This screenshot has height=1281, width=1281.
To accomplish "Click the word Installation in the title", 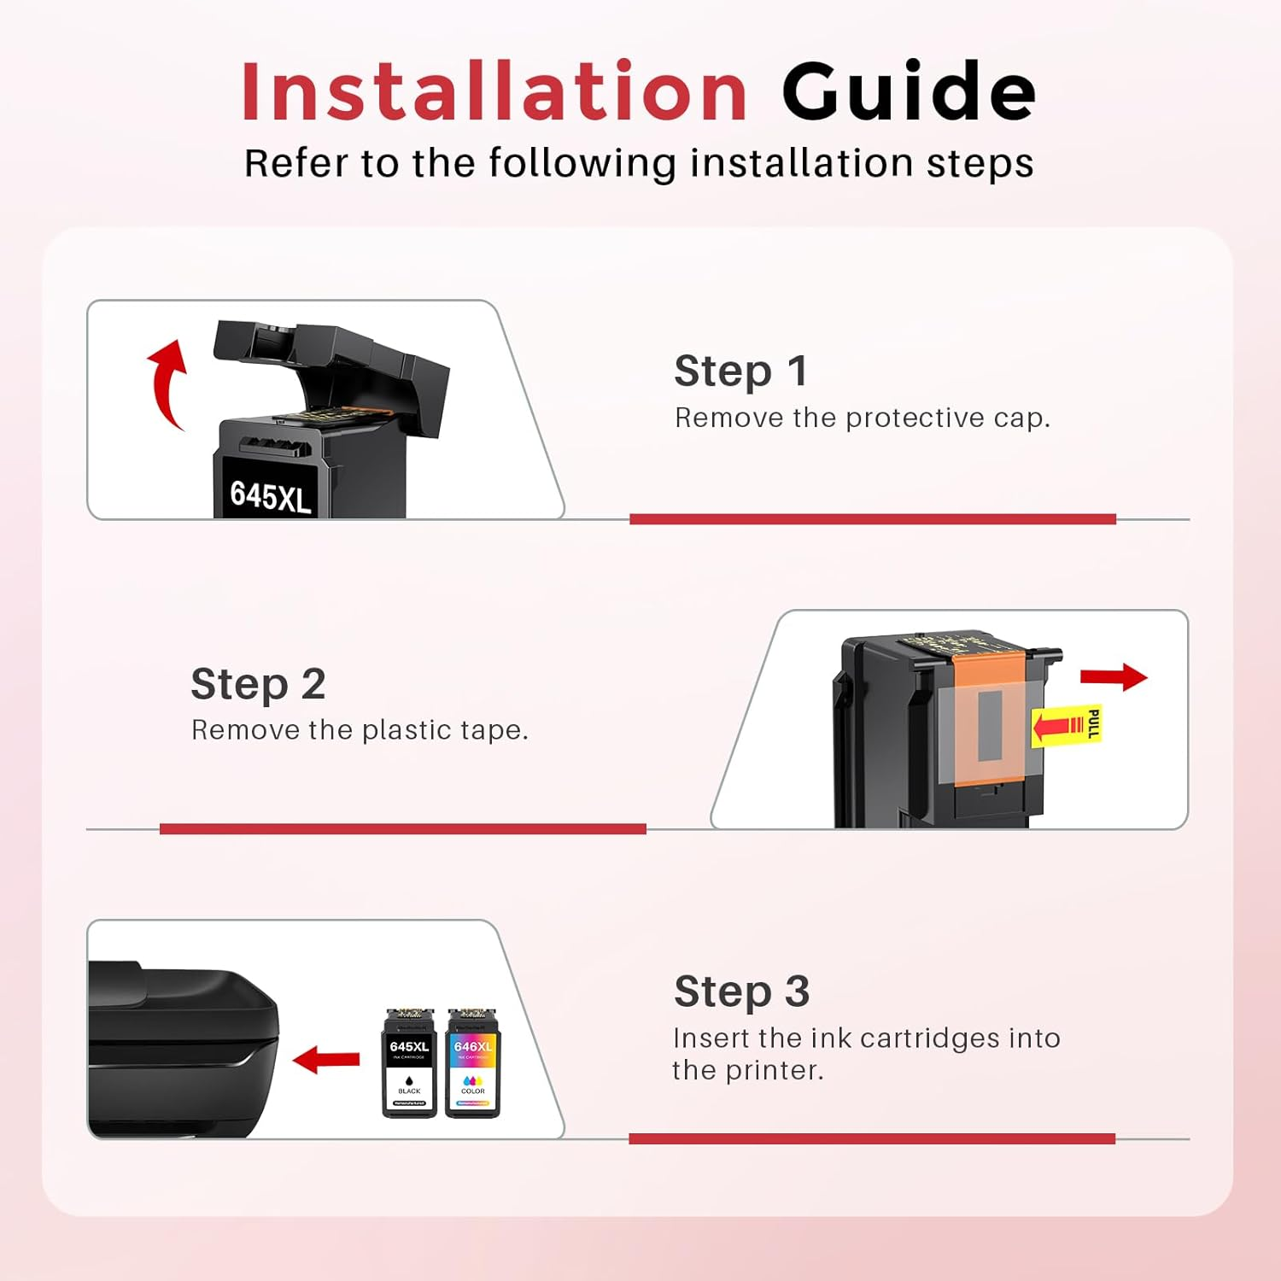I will pyautogui.click(x=494, y=92).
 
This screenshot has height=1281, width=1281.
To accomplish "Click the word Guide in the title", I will pyautogui.click(x=908, y=92).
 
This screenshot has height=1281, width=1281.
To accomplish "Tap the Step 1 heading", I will pyautogui.click(x=740, y=371).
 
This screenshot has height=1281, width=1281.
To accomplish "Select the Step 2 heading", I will pyautogui.click(x=258, y=685).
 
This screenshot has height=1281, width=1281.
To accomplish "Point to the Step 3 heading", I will pyautogui.click(x=741, y=992).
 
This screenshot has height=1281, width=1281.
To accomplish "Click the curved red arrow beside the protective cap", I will pyautogui.click(x=167, y=383).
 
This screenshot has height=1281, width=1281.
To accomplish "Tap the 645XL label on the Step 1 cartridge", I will pyautogui.click(x=270, y=495).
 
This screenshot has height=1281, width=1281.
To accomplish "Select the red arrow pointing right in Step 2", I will pyautogui.click(x=1113, y=677).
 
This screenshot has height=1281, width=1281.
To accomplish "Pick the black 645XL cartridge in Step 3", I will pyautogui.click(x=409, y=1063).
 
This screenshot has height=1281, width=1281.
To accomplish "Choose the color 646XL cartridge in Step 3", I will pyautogui.click(x=472, y=1063).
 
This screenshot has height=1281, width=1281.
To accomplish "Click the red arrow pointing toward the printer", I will pyautogui.click(x=326, y=1060).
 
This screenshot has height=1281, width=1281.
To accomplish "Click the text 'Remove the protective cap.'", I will pyautogui.click(x=862, y=418).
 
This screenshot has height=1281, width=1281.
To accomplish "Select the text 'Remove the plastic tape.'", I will pyautogui.click(x=360, y=730).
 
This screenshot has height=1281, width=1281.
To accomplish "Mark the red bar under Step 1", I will pyautogui.click(x=872, y=519).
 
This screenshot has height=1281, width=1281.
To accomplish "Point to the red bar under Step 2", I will pyautogui.click(x=402, y=828).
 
